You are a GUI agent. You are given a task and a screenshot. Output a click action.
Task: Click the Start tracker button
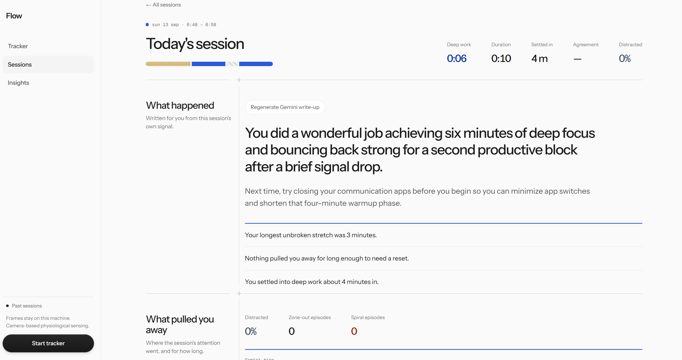(48, 343)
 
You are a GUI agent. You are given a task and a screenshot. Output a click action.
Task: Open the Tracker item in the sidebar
(18, 46)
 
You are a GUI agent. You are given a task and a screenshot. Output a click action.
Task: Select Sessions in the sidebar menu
(20, 64)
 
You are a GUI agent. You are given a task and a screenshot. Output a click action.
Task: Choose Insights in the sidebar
(18, 83)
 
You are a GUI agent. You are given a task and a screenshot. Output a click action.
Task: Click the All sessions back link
(163, 5)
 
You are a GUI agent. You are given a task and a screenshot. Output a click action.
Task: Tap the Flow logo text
(14, 16)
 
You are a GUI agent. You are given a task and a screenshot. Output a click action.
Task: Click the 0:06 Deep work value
(457, 59)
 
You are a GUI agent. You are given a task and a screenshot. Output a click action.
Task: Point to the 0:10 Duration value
(501, 59)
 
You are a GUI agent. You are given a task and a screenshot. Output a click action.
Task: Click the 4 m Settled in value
(539, 59)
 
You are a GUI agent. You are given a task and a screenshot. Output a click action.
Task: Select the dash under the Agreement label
(577, 59)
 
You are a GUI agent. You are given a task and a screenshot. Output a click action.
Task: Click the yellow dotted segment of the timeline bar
(168, 64)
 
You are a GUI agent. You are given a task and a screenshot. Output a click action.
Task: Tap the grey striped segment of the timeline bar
(232, 64)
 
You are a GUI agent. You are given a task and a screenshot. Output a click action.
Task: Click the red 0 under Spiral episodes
(354, 331)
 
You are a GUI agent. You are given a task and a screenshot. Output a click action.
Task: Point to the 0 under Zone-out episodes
(291, 331)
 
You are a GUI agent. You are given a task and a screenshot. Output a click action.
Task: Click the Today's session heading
(195, 44)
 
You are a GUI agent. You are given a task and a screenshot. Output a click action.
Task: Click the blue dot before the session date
(147, 25)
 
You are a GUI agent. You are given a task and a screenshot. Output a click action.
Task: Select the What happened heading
(180, 105)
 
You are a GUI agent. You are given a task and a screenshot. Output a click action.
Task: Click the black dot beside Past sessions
(8, 306)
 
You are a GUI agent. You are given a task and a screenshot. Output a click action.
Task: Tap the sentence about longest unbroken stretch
(311, 235)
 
